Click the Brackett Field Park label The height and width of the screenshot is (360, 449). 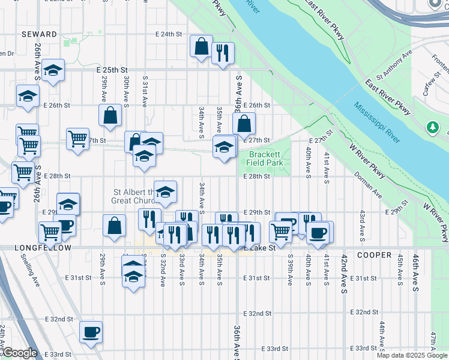pos(266,158)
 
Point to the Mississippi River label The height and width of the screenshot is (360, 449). pos(377,122)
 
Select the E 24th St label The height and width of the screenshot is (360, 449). pos(169,34)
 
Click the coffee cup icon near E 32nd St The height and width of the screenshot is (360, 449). pos(91,332)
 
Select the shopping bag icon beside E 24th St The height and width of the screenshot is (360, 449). pos(201,46)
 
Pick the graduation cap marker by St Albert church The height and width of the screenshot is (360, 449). pos(165,191)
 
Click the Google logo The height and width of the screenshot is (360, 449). pos(20,353)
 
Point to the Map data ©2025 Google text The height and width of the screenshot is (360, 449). pos(412,355)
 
